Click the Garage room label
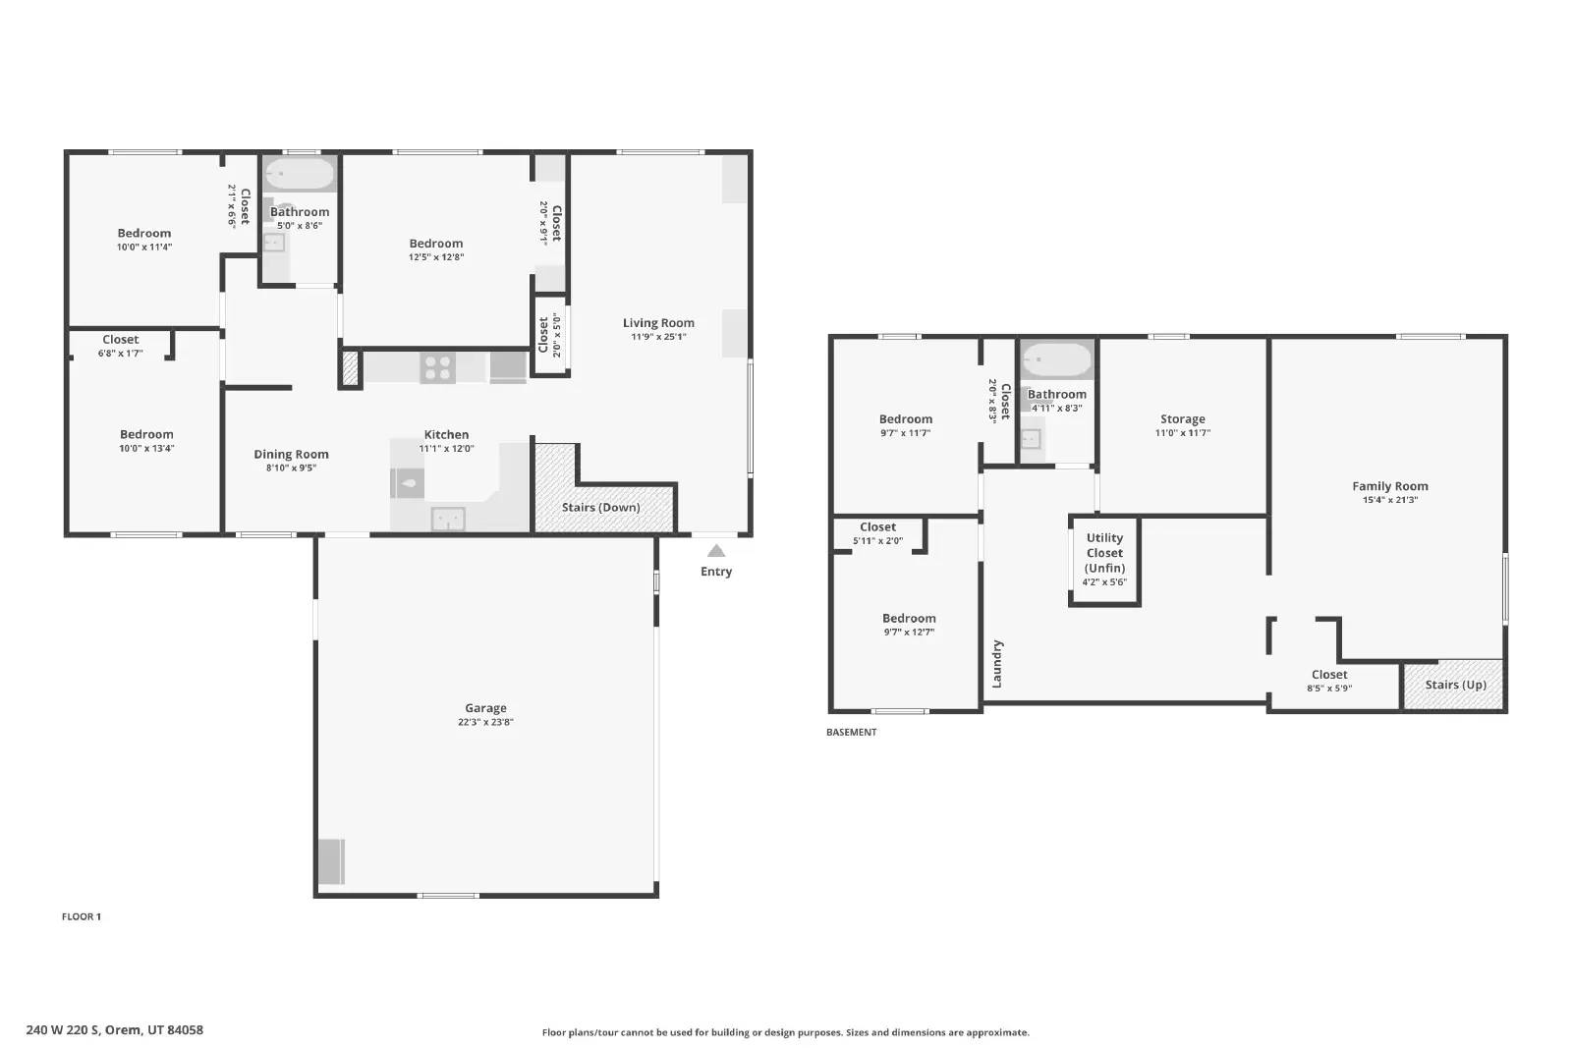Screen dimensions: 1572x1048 point(485,708)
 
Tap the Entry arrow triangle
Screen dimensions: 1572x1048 point(716,551)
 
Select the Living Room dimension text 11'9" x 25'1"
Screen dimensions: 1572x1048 point(658,337)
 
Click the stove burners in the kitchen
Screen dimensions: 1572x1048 point(438,367)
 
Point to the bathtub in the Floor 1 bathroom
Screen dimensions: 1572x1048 point(300,173)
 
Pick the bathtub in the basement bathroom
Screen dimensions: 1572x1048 point(1057,360)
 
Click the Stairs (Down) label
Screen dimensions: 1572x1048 point(600,507)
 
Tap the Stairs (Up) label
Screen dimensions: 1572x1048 point(1455,685)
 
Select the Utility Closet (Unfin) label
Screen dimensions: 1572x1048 point(1104,553)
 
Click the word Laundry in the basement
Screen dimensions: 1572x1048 point(997,664)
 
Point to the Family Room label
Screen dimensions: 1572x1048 point(1390,486)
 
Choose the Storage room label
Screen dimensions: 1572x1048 point(1183,418)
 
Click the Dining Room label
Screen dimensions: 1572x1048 point(291,455)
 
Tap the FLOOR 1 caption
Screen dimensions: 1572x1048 point(82,916)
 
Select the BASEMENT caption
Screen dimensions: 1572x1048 point(851,732)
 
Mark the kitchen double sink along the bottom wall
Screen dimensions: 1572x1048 point(448,520)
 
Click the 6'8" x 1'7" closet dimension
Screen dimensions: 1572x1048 point(121,354)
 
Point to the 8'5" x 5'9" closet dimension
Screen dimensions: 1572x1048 point(1329,689)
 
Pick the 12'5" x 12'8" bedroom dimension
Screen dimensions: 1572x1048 point(436,256)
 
